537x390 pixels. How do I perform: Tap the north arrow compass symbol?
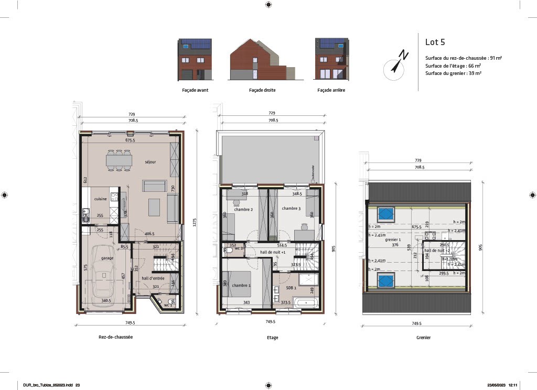[395, 64]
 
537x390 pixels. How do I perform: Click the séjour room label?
[136, 162]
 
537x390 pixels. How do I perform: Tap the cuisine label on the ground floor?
[101, 199]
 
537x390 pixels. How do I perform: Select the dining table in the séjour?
[119, 160]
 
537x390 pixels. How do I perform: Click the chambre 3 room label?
[291, 209]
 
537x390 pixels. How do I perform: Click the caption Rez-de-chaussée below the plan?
[115, 337]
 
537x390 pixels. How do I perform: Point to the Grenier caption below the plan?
[423, 338]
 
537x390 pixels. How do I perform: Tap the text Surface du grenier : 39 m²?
[454, 73]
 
